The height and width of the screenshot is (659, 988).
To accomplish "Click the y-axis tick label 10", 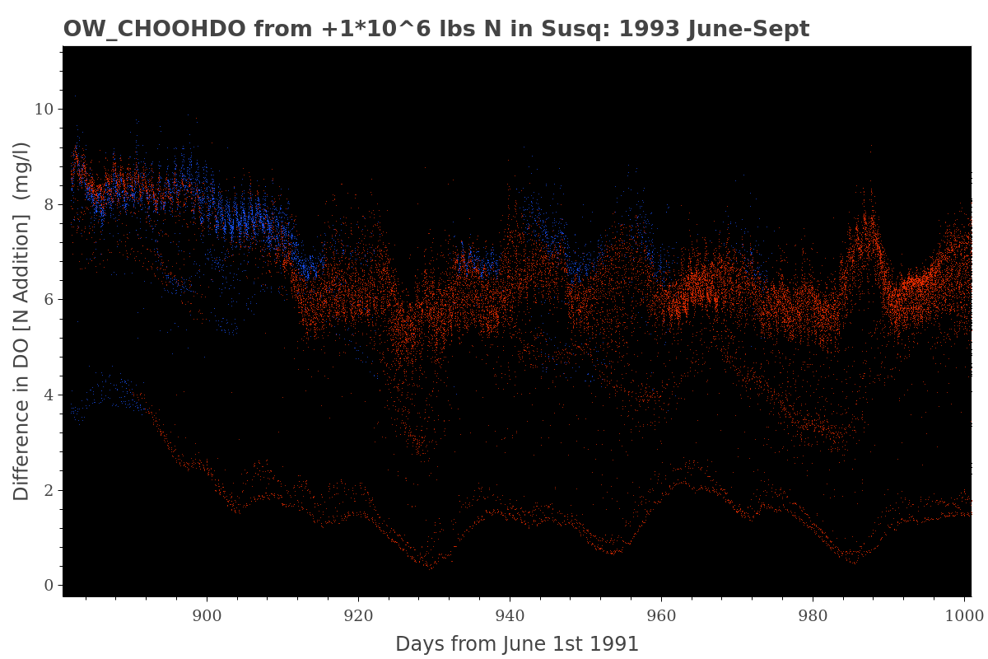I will tap(43, 110).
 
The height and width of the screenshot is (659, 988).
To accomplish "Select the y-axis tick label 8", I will tap(49, 204).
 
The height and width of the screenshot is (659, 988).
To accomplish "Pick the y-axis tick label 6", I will tap(49, 300).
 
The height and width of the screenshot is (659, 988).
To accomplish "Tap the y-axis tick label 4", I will tap(49, 395).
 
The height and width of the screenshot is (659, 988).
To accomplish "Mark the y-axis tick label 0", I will tap(49, 586).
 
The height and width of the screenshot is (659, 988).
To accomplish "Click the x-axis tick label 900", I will tap(207, 614).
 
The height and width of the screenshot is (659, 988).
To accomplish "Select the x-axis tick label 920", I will tap(358, 614).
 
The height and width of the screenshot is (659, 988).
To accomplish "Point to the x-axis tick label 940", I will tap(510, 614).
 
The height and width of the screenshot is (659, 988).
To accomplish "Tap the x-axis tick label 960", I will tap(661, 614).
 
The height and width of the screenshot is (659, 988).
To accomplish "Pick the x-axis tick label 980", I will tap(813, 614).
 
